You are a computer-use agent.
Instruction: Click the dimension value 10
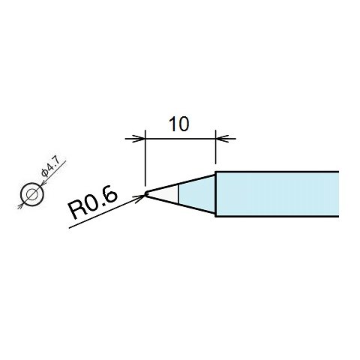pyautogui.click(x=178, y=124)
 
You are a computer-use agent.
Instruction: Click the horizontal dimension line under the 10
pyautogui.click(x=180, y=138)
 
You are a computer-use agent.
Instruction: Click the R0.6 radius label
pyautogui.click(x=93, y=202)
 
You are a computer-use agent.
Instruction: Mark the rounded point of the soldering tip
pyautogui.click(x=147, y=193)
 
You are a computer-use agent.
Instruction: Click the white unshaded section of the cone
pyautogui.click(x=168, y=193)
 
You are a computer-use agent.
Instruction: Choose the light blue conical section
pyautogui.click(x=196, y=193)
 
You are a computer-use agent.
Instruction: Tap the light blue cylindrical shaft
pyautogui.click(x=277, y=193)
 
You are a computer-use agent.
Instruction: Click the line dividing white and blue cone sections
pyautogui.click(x=178, y=193)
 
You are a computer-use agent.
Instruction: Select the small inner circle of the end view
pyautogui.click(x=32, y=194)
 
